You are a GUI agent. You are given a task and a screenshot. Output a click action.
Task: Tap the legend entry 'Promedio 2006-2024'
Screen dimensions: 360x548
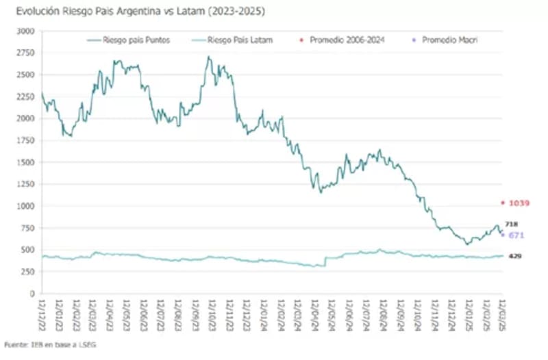[x=347, y=40]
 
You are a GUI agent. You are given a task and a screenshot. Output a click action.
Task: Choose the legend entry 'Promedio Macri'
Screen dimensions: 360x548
[x=449, y=40]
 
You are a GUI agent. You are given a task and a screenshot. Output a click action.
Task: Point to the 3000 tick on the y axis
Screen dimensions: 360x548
[x=25, y=31]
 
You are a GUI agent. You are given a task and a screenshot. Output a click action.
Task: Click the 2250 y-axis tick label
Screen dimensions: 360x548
[x=25, y=97]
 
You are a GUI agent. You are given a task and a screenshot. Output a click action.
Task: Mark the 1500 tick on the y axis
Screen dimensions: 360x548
[x=25, y=162]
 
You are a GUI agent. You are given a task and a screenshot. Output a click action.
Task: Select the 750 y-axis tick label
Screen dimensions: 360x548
[x=27, y=228]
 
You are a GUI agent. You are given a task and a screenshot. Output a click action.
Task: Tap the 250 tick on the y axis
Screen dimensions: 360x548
[x=27, y=272]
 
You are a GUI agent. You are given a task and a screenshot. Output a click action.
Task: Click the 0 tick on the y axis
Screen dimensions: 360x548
[x=32, y=294]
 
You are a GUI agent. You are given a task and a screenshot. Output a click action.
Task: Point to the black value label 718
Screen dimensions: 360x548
[x=511, y=224]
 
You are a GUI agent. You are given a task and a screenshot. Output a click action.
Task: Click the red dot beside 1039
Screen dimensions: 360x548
[x=503, y=203]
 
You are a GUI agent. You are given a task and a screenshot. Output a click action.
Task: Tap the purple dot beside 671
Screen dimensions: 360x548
[x=503, y=235]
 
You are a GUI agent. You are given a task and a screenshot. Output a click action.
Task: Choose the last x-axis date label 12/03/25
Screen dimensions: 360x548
[x=503, y=311]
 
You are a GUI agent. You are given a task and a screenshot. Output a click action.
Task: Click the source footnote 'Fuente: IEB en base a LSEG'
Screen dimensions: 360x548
[x=50, y=345]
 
